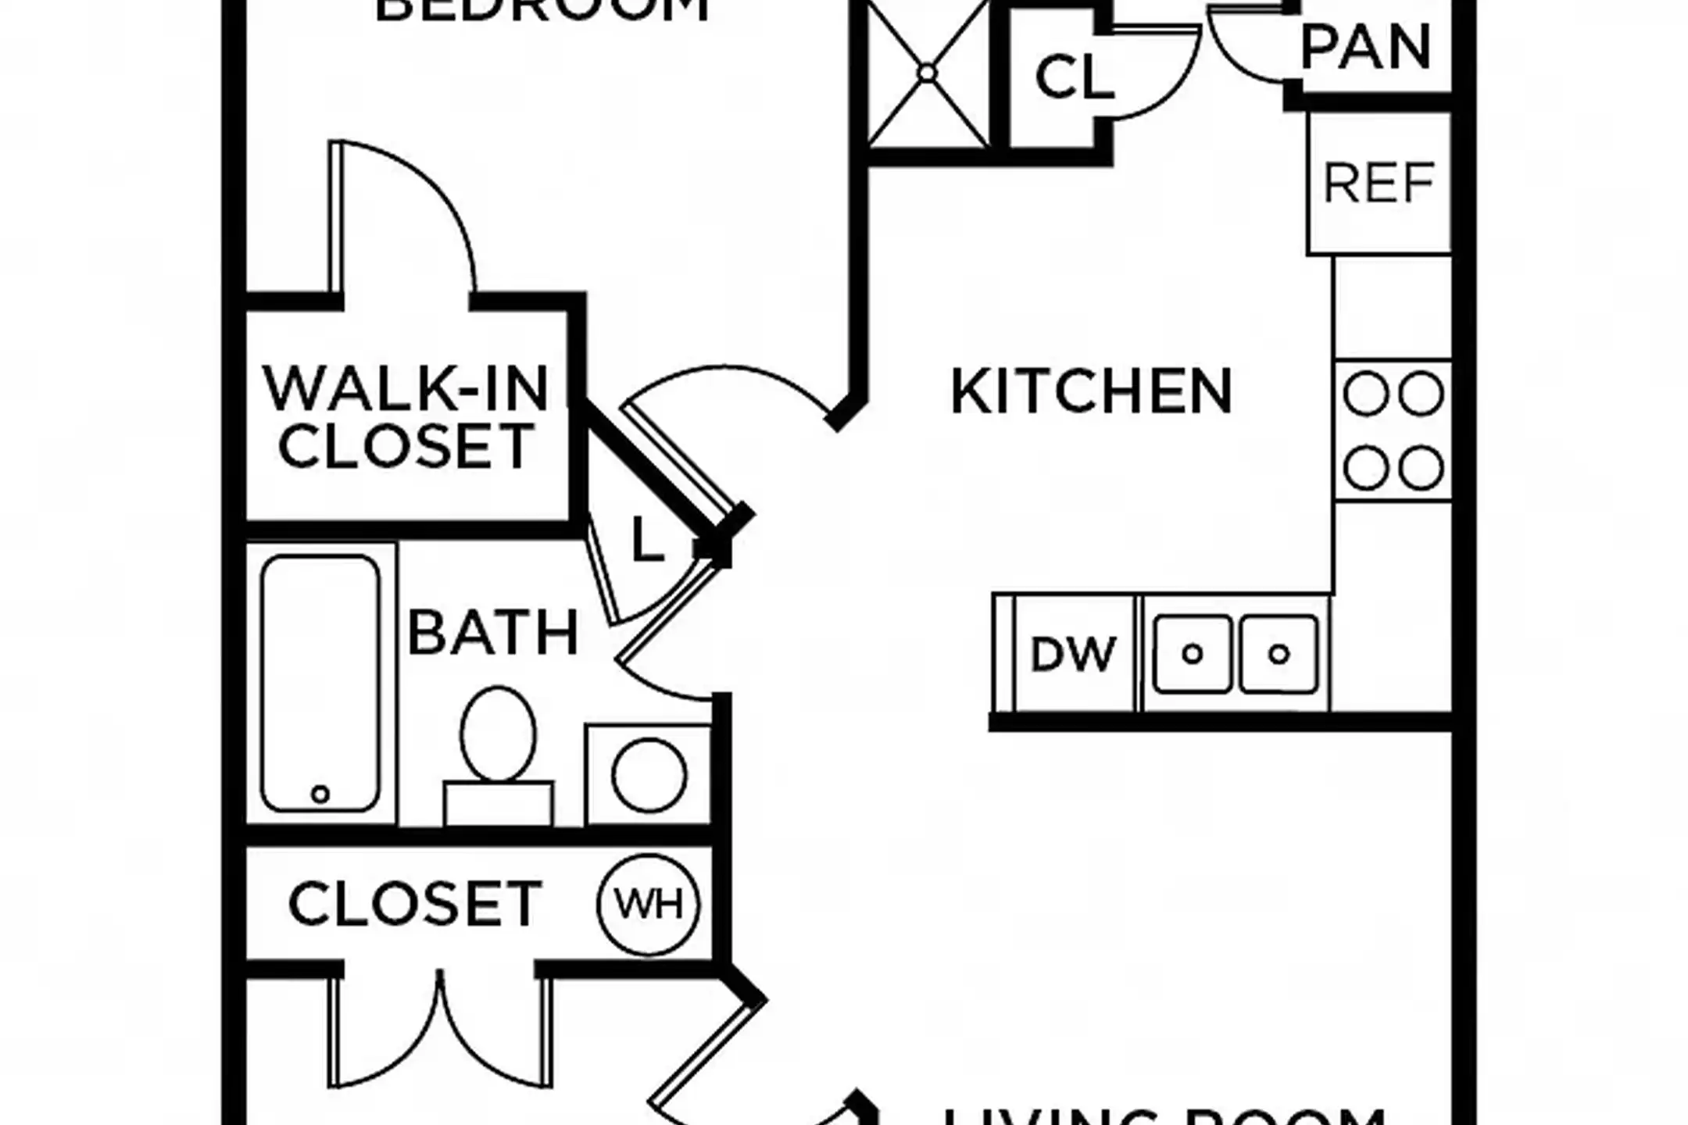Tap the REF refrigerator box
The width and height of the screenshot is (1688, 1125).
coord(1379,184)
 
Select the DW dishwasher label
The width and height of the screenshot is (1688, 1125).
coord(1072,655)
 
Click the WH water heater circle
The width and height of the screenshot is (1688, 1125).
coord(649,905)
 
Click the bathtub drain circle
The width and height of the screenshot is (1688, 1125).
coord(320,794)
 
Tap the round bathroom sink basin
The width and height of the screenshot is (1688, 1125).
coord(649,776)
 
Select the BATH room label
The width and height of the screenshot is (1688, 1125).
coord(493,633)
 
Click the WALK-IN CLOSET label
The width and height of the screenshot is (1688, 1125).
coord(406,418)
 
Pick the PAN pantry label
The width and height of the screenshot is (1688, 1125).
coord(1365,47)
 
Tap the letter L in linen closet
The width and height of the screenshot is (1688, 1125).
coord(646,539)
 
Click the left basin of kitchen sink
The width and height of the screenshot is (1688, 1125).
coord(1192,654)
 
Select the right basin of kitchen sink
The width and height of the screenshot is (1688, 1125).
coord(1279,654)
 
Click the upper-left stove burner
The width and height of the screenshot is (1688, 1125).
coord(1365,394)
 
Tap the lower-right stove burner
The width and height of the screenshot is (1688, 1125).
coord(1421,468)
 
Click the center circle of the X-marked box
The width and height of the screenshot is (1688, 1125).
coord(927,73)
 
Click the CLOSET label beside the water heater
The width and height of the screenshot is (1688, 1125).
coord(415,904)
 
